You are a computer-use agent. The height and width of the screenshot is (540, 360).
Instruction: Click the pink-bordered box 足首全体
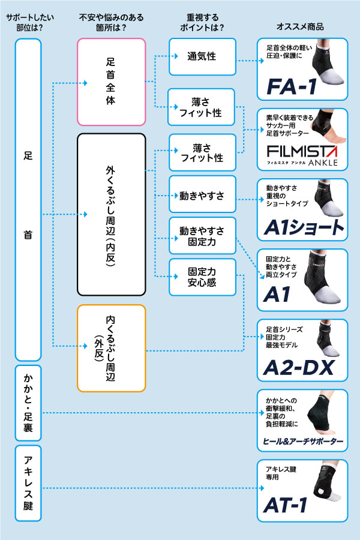111,82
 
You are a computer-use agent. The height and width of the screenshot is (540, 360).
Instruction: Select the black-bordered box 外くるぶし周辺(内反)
111,214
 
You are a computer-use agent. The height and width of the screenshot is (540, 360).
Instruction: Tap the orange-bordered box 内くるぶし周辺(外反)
111,348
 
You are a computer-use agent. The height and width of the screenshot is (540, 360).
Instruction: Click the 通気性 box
202,57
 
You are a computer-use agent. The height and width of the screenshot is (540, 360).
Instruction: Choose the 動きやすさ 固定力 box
202,237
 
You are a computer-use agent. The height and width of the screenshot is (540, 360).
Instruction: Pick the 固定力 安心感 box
202,277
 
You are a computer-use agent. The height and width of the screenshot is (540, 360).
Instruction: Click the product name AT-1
286,505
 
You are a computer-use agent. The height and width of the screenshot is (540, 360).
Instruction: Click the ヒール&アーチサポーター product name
303,442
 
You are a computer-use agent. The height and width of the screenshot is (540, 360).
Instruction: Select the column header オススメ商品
300,27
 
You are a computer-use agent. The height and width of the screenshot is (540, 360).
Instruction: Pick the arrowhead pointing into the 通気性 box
176,57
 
